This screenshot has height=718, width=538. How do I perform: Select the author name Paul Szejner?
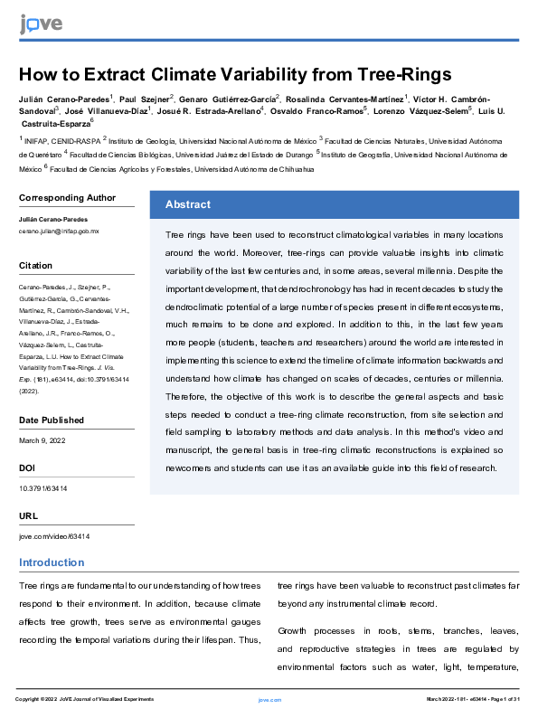(x=146, y=97)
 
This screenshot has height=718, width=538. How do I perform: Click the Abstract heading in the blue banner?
(x=187, y=204)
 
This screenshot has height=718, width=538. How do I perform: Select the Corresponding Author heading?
(x=67, y=198)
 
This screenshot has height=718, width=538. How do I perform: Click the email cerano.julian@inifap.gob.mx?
(x=59, y=231)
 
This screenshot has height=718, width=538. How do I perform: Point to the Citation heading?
(x=36, y=266)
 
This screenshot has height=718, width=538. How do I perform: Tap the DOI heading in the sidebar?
(x=27, y=468)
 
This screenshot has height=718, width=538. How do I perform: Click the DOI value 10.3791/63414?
(x=42, y=488)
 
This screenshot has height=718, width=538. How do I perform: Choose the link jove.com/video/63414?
(x=54, y=536)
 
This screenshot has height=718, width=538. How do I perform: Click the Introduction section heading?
(x=52, y=563)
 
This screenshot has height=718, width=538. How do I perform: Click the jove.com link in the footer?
(x=269, y=700)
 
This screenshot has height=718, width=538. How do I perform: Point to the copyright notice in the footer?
(x=84, y=700)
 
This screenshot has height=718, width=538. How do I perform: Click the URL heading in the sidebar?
(x=28, y=515)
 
